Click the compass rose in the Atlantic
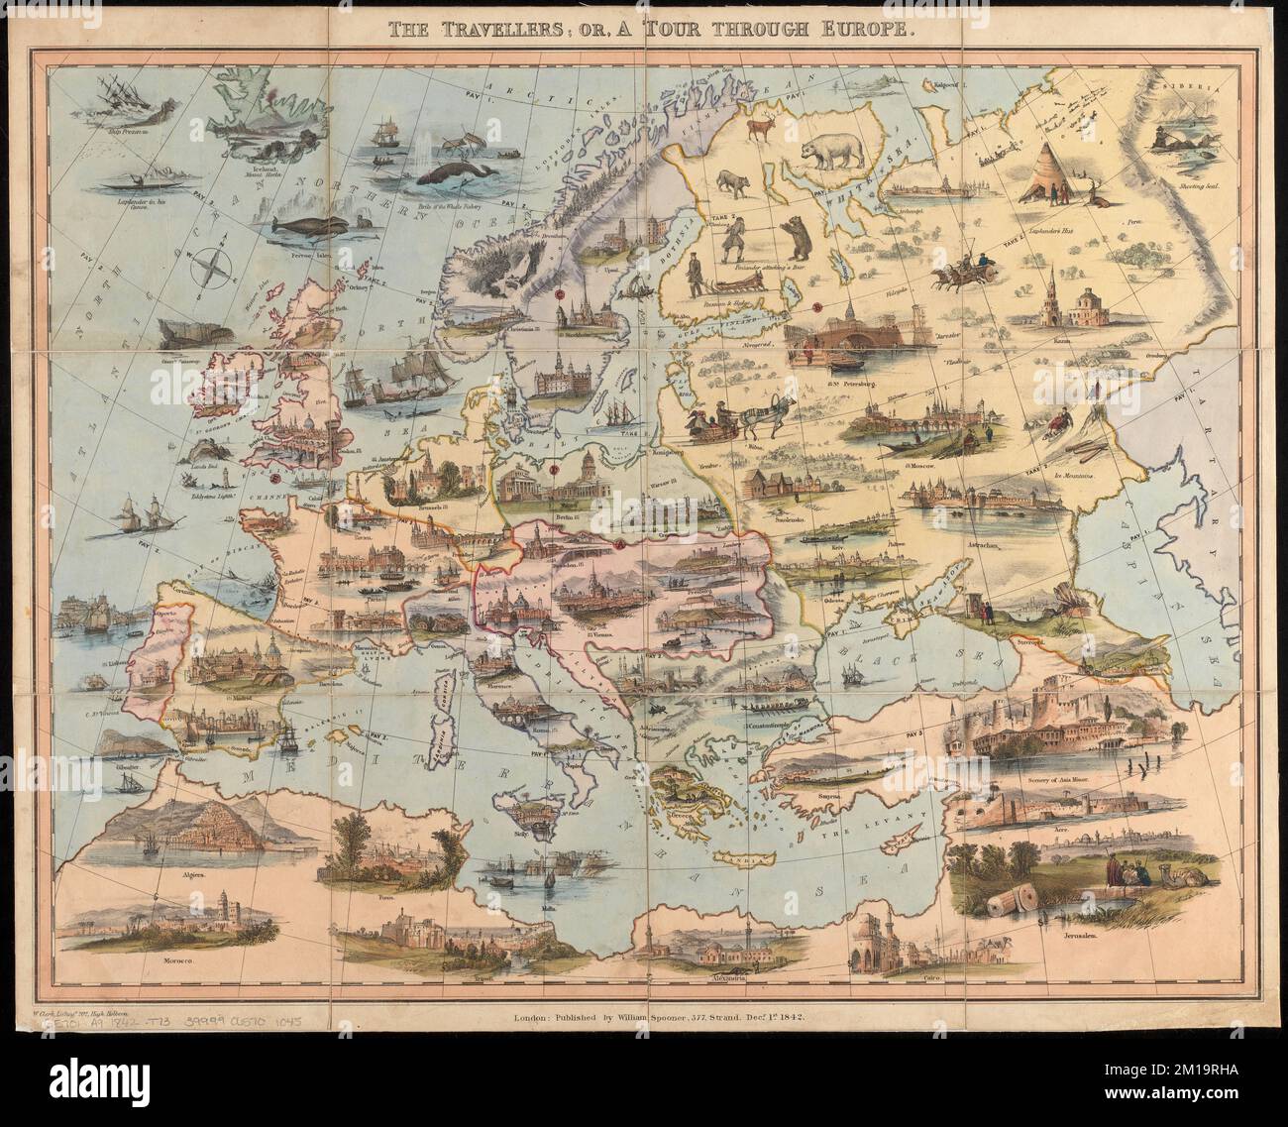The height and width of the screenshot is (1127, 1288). click(215, 267)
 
